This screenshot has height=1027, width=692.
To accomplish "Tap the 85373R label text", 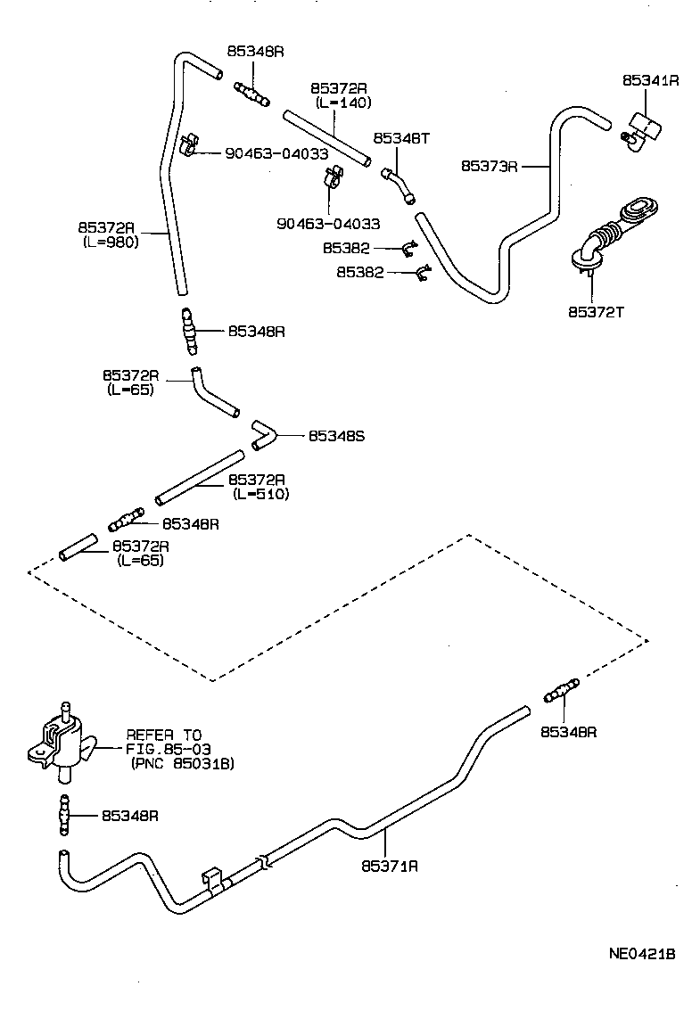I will click(490, 165).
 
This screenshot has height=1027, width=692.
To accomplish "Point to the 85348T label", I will click(401, 138).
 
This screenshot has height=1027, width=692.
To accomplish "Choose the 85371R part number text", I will click(390, 865).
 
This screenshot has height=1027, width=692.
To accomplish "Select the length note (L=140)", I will click(343, 103).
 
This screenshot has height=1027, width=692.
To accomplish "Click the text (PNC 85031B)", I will click(182, 764).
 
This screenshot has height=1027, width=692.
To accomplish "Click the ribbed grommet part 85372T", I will click(609, 234).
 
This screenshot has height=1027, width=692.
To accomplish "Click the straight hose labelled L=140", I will click(325, 136).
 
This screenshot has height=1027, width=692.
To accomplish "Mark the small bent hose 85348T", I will click(398, 183).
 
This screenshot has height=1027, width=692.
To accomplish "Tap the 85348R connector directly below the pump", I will click(63, 816).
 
